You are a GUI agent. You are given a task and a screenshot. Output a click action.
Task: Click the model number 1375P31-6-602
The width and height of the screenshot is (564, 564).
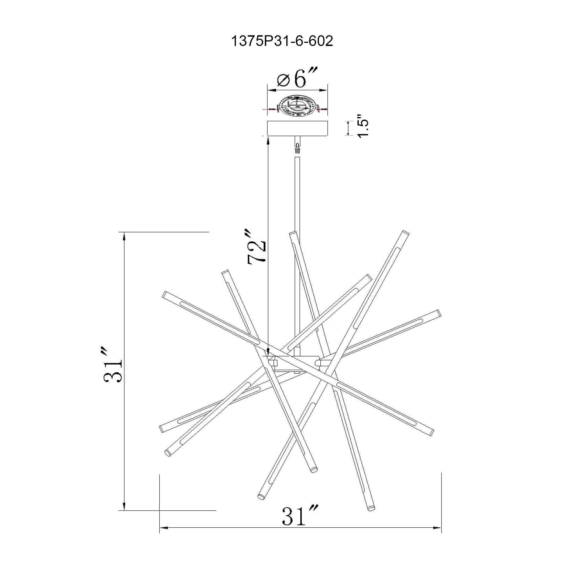tap(282, 41)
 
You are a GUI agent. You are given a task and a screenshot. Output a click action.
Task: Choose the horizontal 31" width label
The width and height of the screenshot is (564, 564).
tap(299, 516)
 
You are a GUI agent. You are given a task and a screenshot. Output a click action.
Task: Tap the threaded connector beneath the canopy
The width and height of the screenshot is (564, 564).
tap(297, 147)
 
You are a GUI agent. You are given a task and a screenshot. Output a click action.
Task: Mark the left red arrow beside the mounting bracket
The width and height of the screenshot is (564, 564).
tap(270, 109)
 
